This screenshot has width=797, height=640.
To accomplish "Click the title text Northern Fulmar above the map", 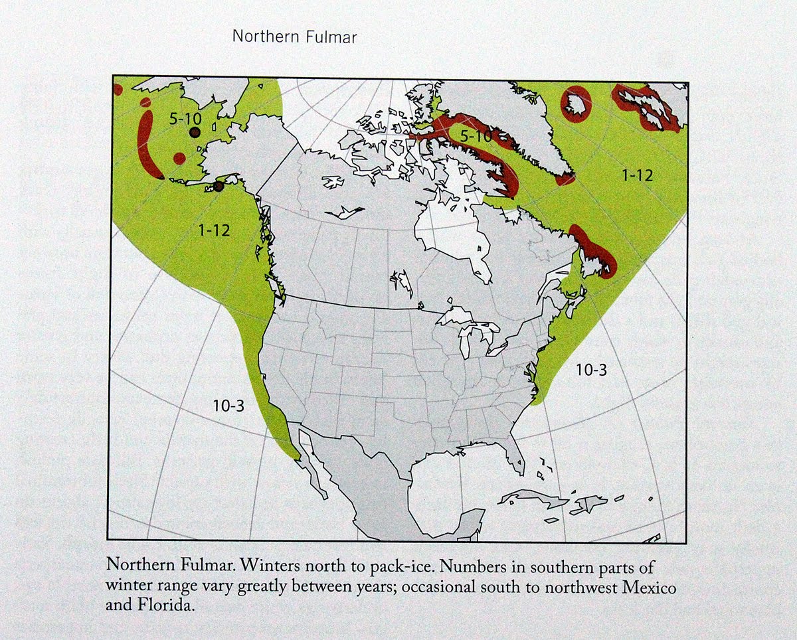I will click(294, 37).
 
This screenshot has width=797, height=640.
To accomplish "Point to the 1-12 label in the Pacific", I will click(215, 230).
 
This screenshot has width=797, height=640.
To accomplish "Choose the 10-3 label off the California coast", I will click(229, 406).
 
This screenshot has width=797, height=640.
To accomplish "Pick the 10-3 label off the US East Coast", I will click(591, 370).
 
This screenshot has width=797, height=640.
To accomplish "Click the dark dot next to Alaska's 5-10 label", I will click(195, 133).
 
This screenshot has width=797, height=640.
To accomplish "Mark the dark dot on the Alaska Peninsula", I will click(219, 187).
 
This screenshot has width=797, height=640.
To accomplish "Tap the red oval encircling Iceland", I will click(575, 104).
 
